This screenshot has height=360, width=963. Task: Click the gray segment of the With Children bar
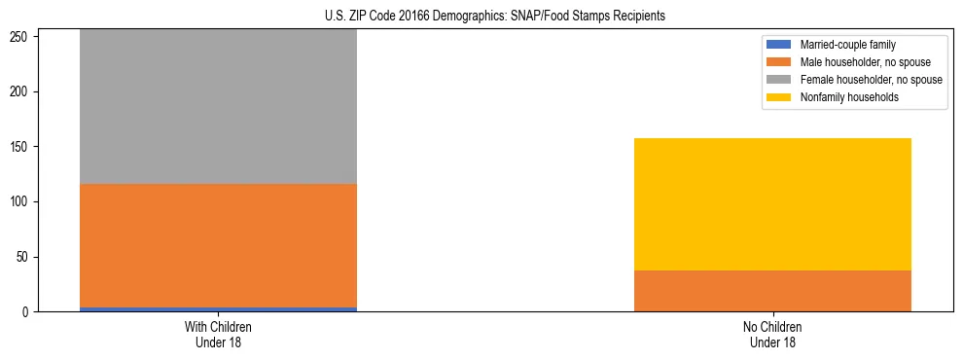pos(218,107)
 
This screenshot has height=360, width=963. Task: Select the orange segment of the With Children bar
pos(218,245)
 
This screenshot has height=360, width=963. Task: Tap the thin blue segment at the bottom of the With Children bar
pos(218,309)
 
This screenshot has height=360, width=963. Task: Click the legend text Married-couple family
pos(847,45)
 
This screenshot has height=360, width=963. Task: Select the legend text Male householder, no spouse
pos(861,62)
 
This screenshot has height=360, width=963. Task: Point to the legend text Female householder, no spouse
pos(871,80)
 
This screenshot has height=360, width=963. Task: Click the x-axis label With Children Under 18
pos(218,334)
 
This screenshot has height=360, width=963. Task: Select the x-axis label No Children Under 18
pos(772,334)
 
